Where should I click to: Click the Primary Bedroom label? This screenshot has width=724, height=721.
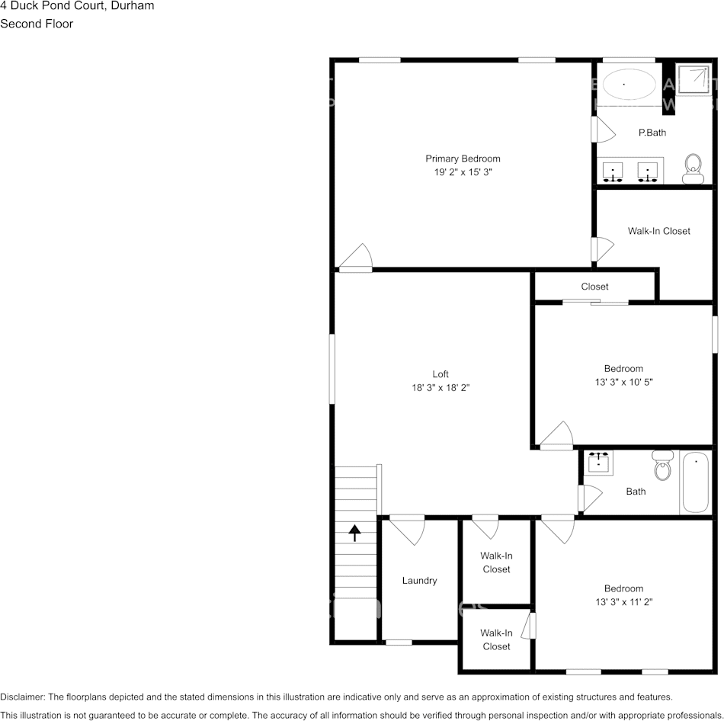463,159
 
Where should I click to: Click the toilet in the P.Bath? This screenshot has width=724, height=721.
693,167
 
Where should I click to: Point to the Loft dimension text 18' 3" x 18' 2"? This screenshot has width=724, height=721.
440,387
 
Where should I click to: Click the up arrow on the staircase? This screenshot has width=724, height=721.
355,532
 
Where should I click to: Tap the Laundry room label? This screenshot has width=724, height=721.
419,581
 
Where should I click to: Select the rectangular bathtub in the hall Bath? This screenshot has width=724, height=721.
695,483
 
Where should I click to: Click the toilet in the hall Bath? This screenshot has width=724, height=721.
662,464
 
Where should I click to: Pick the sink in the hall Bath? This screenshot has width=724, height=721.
599,462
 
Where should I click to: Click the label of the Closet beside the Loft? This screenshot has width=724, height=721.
594,287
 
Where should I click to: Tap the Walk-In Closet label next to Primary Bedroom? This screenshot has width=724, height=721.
658,231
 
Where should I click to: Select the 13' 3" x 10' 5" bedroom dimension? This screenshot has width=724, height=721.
623,382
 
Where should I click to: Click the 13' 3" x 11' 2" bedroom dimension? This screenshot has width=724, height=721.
623,601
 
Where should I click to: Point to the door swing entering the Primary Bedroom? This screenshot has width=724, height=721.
356,259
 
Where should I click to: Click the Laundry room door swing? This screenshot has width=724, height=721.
407,530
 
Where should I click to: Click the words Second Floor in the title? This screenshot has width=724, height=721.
37,24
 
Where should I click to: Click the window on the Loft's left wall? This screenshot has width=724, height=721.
332,369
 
